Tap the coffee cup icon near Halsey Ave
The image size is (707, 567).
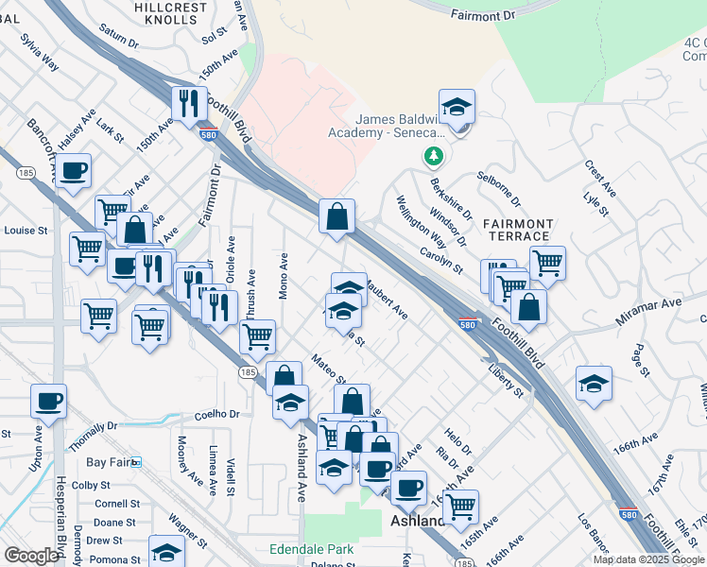[x=73, y=171]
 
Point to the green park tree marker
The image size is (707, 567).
[x=434, y=154]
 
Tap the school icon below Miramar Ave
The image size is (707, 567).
[x=594, y=384]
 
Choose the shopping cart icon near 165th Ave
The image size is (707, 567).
[x=460, y=506]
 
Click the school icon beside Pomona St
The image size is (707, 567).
[x=166, y=552]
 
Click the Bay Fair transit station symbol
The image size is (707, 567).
[x=136, y=462]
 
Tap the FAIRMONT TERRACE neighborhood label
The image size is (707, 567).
[x=517, y=230]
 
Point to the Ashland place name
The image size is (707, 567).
[x=418, y=522]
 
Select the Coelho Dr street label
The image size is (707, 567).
[x=218, y=414]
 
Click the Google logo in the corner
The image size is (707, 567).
[x=30, y=556]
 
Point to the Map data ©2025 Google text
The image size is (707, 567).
[x=648, y=559]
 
